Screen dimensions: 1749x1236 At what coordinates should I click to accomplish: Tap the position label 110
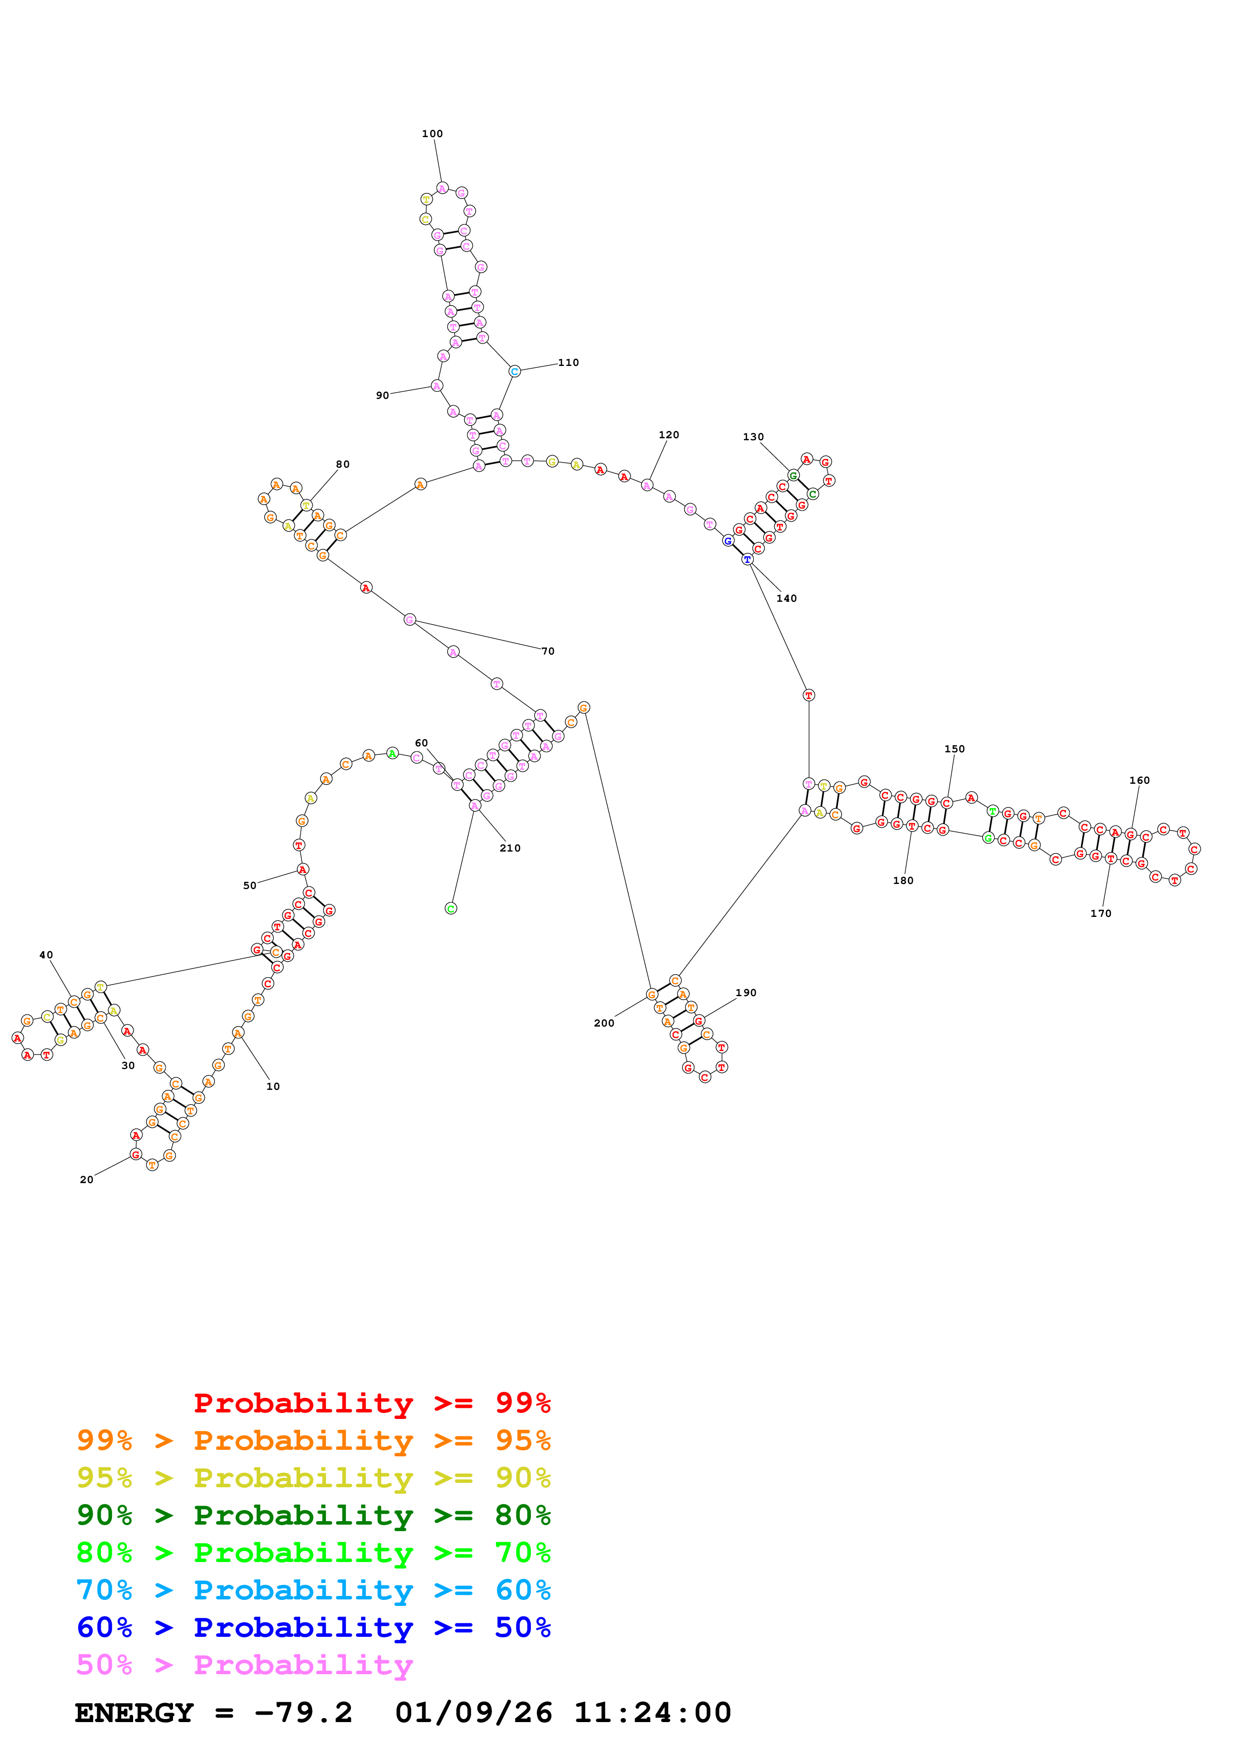[568, 362]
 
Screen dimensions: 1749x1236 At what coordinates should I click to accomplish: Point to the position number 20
[87, 1179]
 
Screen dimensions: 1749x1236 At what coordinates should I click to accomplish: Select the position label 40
[46, 954]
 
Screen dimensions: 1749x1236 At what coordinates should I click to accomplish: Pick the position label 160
[1139, 780]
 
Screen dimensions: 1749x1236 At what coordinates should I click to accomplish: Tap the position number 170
[1100, 913]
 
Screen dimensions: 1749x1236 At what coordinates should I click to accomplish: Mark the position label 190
[745, 993]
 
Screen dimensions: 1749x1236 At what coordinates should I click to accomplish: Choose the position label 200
[604, 1023]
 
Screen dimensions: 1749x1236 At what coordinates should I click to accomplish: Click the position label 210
[510, 848]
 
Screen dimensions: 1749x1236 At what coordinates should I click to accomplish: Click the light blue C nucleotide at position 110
[515, 372]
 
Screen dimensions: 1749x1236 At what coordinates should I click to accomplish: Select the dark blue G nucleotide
[728, 541]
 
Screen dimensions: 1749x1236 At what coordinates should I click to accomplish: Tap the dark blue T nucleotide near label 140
[747, 559]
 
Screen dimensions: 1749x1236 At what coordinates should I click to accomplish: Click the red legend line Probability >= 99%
[371, 1402]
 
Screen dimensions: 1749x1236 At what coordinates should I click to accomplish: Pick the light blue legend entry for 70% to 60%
[313, 1590]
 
